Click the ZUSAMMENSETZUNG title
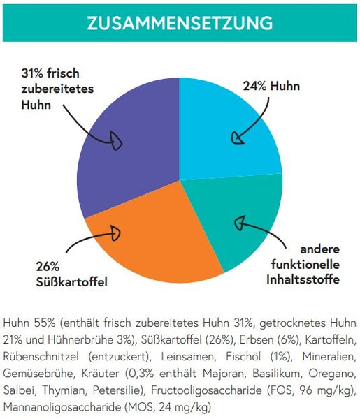point(180,23)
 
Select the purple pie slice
point(129,149)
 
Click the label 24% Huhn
point(271,87)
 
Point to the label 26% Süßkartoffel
point(72,274)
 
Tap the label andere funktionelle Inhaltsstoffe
point(303,265)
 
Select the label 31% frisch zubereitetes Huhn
point(57,89)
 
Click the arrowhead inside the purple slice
point(117,141)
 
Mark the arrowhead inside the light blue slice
point(237,138)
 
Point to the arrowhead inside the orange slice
point(115,233)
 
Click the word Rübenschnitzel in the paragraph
point(41,357)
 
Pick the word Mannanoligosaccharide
point(62,407)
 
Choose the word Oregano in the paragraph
point(333,374)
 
